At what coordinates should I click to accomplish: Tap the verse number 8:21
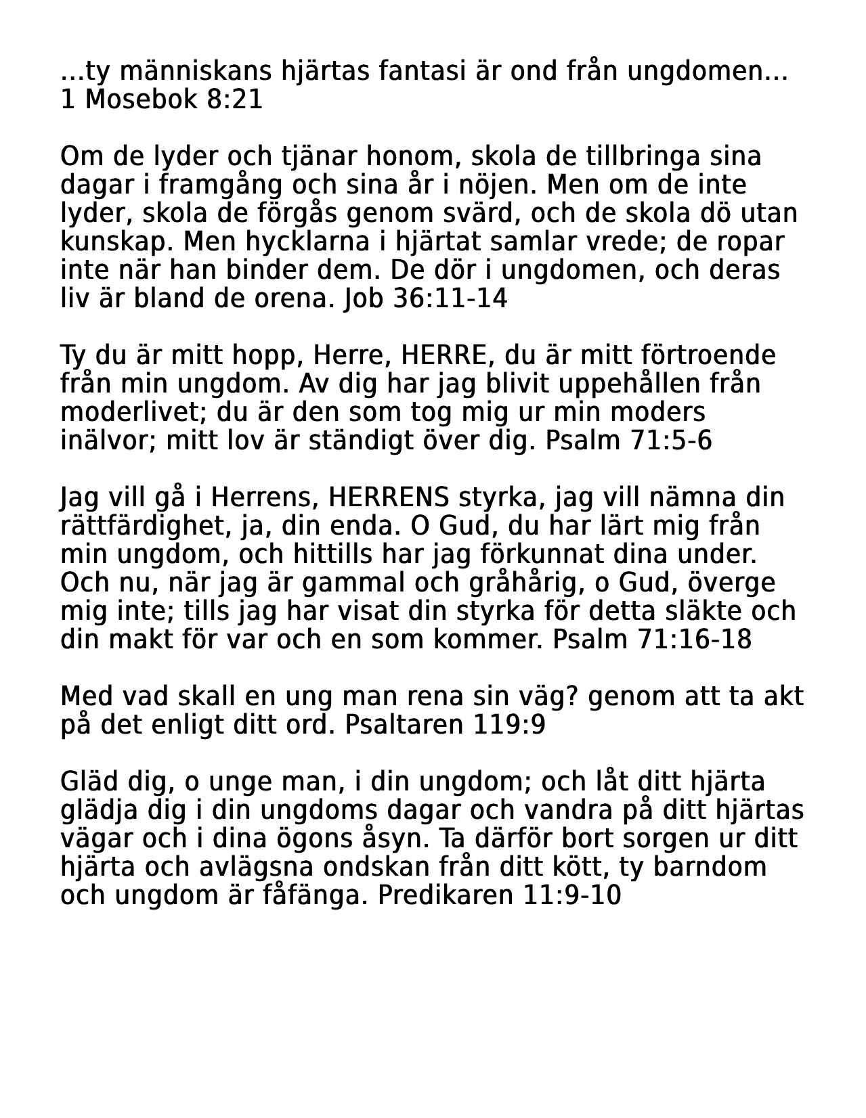(x=233, y=99)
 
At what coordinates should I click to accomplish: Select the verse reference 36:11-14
(x=450, y=298)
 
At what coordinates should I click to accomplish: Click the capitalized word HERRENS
(x=388, y=497)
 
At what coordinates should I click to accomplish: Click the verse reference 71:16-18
(x=694, y=640)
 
